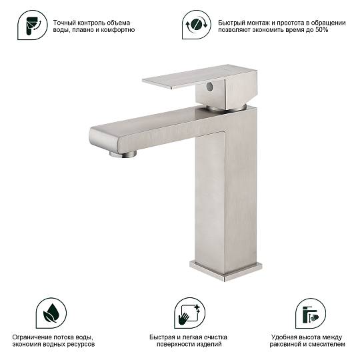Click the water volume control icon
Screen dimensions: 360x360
(33, 25)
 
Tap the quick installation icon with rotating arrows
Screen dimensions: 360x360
(197, 25)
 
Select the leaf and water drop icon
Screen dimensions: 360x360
(51, 313)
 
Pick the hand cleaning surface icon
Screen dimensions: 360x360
(189, 313)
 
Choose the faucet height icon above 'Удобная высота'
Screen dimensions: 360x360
(311, 313)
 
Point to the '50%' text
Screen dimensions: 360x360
(322, 30)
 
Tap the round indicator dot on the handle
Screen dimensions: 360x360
(209, 86)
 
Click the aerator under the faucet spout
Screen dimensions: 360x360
(123, 153)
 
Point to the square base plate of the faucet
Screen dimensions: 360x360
(226, 271)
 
